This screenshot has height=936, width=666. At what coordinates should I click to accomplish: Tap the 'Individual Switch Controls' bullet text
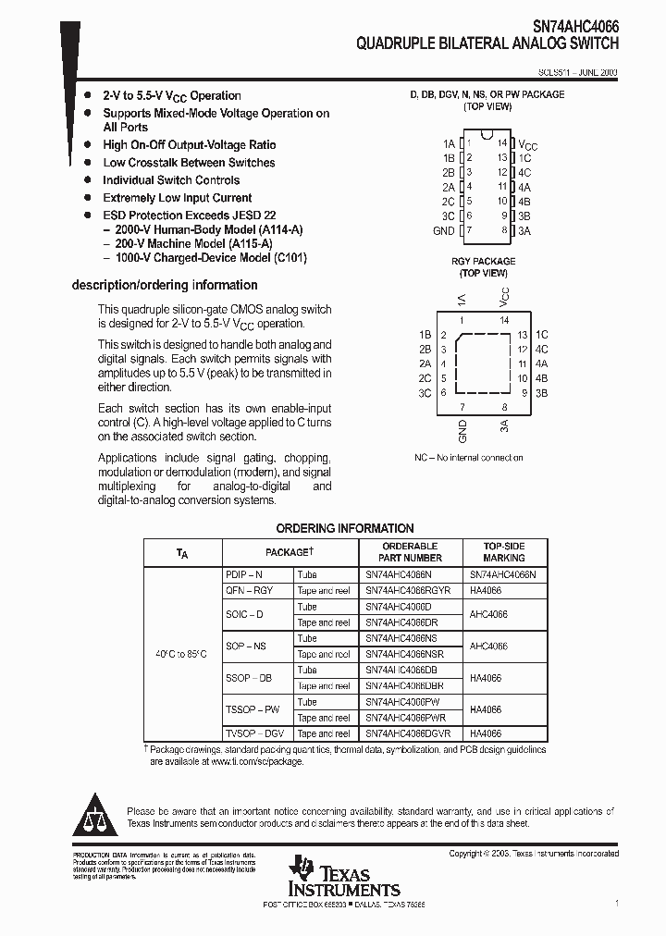(171, 180)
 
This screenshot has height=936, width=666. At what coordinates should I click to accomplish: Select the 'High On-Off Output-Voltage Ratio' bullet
(189, 145)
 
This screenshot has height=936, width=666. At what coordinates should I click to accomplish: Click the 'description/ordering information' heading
(165, 285)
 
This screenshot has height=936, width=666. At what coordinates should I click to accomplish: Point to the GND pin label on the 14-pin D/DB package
(444, 230)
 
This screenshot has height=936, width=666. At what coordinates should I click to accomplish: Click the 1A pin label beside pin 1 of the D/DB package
(449, 143)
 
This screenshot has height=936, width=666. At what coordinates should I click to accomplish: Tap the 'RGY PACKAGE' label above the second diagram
(483, 262)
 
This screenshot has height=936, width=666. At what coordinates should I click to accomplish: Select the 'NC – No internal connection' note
(469, 457)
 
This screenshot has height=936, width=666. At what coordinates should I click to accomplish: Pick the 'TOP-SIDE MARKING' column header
(503, 552)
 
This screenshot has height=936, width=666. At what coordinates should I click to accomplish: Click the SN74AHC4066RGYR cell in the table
(408, 590)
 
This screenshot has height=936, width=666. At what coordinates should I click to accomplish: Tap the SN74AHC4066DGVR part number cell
(408, 733)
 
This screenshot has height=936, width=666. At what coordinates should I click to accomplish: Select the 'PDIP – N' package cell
(244, 574)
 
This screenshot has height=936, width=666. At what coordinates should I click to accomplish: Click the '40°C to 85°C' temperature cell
(182, 654)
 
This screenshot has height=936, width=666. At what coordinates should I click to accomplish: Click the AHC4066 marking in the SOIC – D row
(488, 614)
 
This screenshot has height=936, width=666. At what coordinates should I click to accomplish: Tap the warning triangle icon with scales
(95, 814)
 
